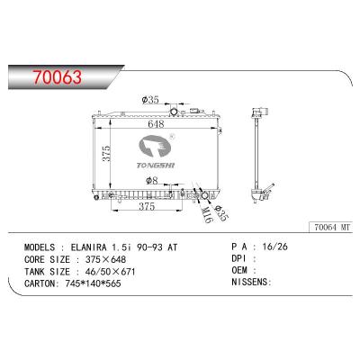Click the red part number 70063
pos(57,76)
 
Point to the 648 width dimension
pos(156,123)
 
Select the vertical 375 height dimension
pos(106,154)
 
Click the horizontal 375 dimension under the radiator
pos(147,206)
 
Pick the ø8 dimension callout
pos(151,180)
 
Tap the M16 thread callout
pos(207,215)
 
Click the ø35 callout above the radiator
pos(150,99)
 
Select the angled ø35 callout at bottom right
pos(220,213)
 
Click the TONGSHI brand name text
pos(156,166)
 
